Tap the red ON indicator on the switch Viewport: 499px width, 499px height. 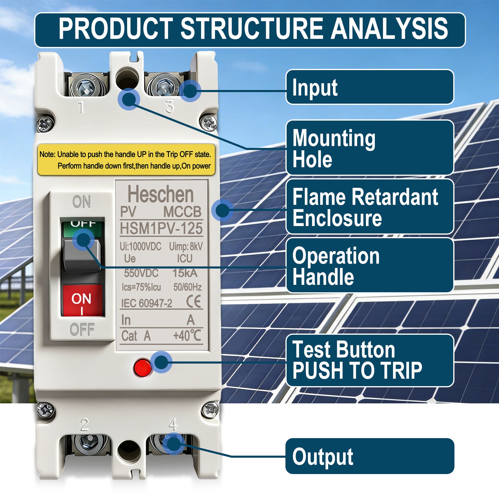click(82, 300)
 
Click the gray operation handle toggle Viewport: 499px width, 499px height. click(82, 256)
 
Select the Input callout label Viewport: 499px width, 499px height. click(369, 87)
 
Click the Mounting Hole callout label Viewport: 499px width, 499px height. click(369, 148)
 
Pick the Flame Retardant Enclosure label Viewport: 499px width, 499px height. click(369, 206)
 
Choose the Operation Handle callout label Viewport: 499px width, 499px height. click(369, 265)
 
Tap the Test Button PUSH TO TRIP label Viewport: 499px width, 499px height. click(369, 360)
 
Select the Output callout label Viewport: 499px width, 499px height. click(369, 456)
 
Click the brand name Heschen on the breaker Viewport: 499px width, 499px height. click(160, 194)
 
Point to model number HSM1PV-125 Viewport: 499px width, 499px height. click(161, 228)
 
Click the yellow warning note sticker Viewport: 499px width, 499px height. click(126, 160)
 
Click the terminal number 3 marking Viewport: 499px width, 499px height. click(170, 106)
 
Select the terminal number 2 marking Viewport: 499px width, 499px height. click(85, 425)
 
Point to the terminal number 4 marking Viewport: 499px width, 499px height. click(173, 424)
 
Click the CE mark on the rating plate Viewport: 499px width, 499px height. click(194, 302)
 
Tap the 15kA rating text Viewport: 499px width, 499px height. click(185, 273)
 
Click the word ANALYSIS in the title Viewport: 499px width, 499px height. click(389, 29)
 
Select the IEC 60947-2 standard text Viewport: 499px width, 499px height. click(147, 303)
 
